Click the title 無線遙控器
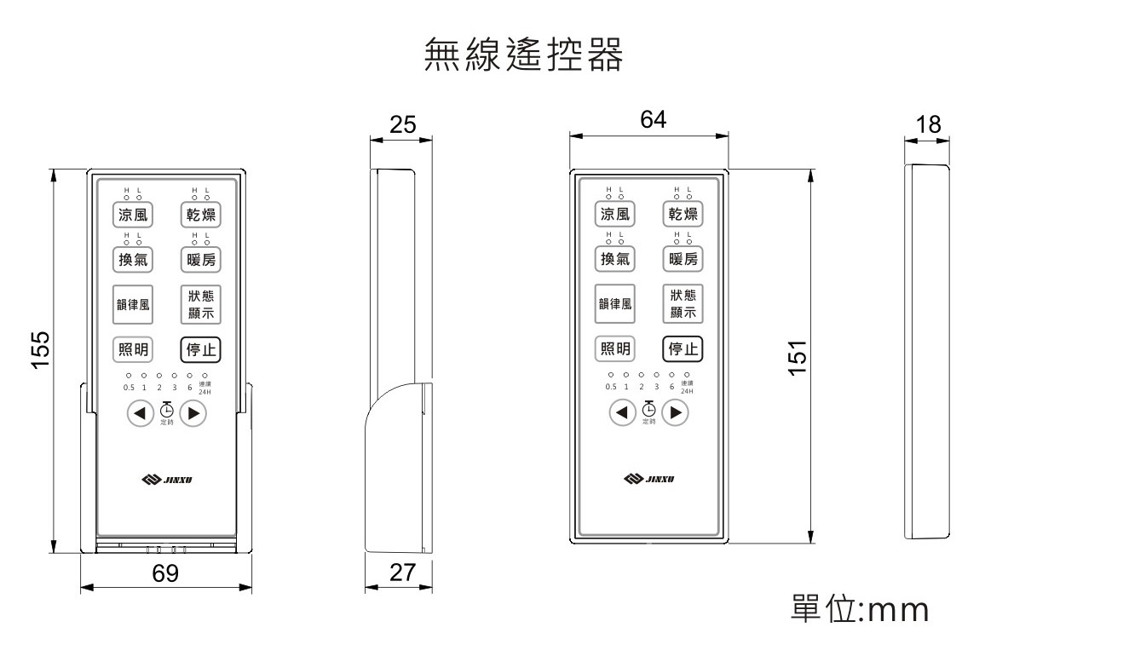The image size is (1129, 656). [523, 55]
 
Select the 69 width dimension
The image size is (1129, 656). [165, 573]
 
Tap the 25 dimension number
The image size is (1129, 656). [402, 125]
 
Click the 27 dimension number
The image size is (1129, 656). [401, 573]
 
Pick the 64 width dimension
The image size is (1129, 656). [653, 121]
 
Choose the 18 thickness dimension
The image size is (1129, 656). [928, 125]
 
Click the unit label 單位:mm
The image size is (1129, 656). [860, 610]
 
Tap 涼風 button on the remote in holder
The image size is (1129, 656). [132, 215]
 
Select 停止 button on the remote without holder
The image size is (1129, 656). [683, 348]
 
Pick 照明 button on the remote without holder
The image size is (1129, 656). [614, 348]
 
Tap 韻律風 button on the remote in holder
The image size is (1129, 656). [132, 305]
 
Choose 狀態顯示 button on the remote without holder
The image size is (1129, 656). [683, 305]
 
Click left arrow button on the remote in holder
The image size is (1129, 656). [138, 414]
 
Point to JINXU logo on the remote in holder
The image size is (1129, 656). [166, 480]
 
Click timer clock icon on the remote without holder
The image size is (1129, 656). [649, 410]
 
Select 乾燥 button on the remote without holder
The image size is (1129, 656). [683, 213]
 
